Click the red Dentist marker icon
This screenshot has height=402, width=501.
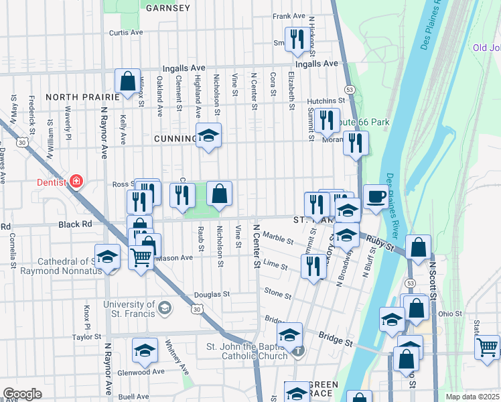coord(76,182)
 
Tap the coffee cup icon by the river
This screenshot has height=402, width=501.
coord(376,197)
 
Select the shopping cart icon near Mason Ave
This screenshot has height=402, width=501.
coord(141,256)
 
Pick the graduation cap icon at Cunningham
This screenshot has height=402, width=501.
coord(208,136)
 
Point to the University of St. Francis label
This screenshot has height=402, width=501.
coord(129,309)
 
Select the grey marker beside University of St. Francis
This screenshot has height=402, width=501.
coord(164,308)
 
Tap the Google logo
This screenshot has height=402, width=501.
coord(22,394)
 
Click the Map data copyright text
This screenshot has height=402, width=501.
coord(473,397)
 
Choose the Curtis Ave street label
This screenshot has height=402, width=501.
coord(127,32)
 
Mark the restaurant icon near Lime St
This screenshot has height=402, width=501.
coord(313,265)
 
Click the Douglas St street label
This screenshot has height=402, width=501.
coord(212,294)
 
